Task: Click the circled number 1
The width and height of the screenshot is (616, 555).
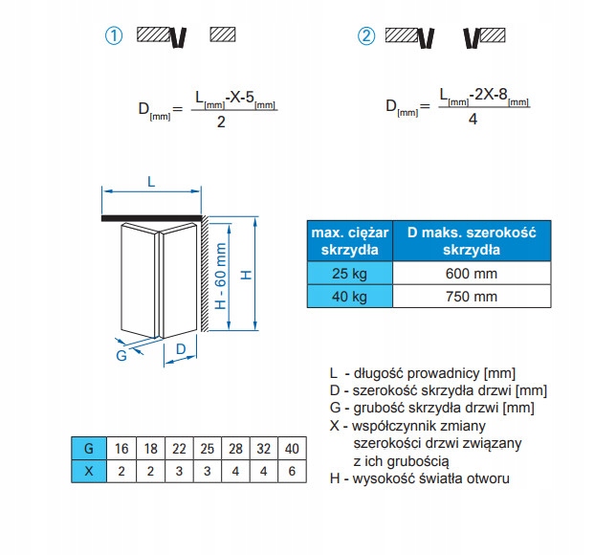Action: click(114, 37)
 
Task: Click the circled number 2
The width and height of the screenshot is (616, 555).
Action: click(366, 37)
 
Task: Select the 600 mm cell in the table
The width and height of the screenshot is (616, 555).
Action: click(473, 273)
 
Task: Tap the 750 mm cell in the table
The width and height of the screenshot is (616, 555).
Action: click(473, 296)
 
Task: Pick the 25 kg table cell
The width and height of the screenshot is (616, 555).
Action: click(350, 273)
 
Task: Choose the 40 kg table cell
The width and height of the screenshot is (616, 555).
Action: click(350, 296)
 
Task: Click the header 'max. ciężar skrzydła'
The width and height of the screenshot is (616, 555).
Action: click(350, 241)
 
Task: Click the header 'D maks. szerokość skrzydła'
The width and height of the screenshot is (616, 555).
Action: click(473, 241)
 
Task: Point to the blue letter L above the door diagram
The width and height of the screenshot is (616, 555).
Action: click(152, 181)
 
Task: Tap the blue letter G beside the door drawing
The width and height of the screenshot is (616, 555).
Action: click(121, 356)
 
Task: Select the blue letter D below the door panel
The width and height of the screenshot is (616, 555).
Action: click(180, 351)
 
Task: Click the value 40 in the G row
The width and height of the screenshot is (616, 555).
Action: click(292, 448)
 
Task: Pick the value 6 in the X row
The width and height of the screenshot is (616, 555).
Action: click(292, 471)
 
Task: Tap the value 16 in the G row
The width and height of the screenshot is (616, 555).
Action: click(121, 448)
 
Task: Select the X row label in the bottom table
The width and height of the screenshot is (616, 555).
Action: click(89, 471)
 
